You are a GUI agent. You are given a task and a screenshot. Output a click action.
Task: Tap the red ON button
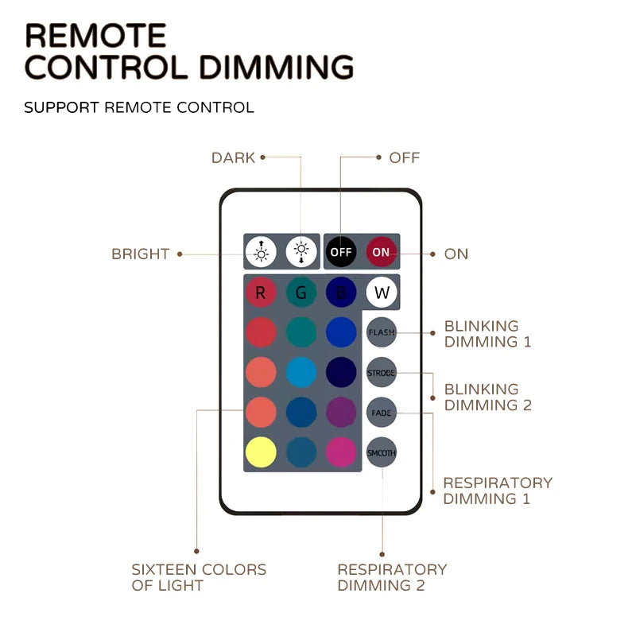[x=382, y=252]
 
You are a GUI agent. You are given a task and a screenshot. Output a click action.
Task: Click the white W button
[x=382, y=293]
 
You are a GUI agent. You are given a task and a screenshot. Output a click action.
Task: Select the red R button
[x=260, y=293]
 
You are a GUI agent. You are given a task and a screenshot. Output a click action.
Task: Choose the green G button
[x=301, y=293]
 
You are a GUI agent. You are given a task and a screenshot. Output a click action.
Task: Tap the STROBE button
[x=382, y=372]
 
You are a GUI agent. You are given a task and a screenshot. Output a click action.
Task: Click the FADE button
[x=382, y=413]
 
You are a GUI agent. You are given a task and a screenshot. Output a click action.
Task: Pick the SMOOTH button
[x=382, y=452]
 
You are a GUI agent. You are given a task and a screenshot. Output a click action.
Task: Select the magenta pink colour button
[x=341, y=452]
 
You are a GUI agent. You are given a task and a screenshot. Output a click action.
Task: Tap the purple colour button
[x=341, y=413]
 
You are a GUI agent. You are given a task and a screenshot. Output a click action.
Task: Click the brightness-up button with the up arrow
[x=260, y=252]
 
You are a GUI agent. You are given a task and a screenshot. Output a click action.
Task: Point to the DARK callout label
[x=233, y=157]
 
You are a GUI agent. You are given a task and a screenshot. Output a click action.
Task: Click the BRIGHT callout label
[x=140, y=254]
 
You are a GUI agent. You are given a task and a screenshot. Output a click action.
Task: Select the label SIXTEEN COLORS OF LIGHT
[x=199, y=578]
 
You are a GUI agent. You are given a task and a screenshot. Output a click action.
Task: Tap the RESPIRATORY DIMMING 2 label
[x=392, y=578]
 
